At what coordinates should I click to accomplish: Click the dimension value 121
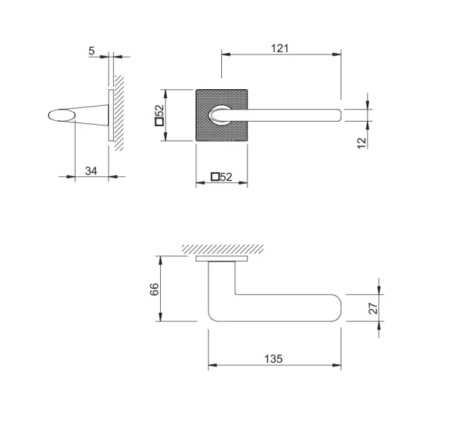click(x=279, y=48)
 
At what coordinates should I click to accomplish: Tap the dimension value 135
click(x=273, y=359)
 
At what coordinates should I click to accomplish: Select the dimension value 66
click(x=154, y=289)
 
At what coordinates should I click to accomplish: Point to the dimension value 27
click(x=373, y=308)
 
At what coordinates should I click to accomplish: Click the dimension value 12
click(x=362, y=143)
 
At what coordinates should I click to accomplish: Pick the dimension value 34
click(x=91, y=171)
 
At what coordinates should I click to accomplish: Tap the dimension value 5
click(x=91, y=51)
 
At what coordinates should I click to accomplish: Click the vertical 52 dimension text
click(x=159, y=110)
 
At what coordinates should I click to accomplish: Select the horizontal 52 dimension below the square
click(x=226, y=177)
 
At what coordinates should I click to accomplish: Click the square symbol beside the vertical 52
click(x=159, y=122)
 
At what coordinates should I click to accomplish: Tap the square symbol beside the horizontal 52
click(x=215, y=177)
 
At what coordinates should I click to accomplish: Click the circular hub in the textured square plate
click(x=220, y=115)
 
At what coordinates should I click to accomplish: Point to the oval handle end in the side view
click(x=62, y=115)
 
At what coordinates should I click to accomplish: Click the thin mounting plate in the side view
click(x=111, y=115)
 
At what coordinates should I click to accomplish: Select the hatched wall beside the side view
click(x=119, y=113)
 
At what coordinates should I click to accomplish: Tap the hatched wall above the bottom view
click(x=223, y=249)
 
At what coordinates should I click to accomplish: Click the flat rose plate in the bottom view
click(x=221, y=258)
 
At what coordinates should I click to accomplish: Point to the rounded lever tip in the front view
click(x=338, y=115)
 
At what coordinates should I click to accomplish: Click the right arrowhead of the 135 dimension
click(x=337, y=365)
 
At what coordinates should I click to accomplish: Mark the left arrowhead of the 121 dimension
click(x=226, y=54)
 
